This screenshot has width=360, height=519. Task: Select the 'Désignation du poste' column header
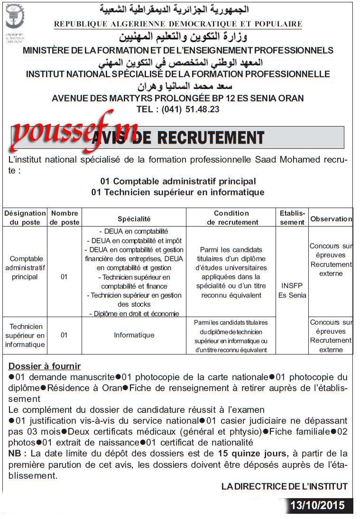(25, 218)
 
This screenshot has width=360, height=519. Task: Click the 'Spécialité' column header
(134, 219)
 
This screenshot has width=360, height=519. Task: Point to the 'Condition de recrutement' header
(231, 218)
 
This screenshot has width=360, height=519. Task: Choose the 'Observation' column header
(331, 219)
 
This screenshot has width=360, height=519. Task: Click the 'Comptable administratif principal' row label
(25, 268)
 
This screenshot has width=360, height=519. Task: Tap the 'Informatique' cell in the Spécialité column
(134, 335)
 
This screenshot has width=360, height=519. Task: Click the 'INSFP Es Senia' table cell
(292, 291)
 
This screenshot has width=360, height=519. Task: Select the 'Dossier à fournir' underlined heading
(45, 366)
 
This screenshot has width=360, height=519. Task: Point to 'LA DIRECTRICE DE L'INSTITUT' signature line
(285, 486)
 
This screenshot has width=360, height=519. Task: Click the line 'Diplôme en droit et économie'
(134, 313)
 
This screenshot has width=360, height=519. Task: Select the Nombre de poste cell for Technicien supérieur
(64, 335)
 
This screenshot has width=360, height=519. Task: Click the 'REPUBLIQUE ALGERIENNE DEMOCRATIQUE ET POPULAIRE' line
(178, 24)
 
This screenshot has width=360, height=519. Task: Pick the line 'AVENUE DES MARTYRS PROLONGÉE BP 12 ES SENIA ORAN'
(177, 98)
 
